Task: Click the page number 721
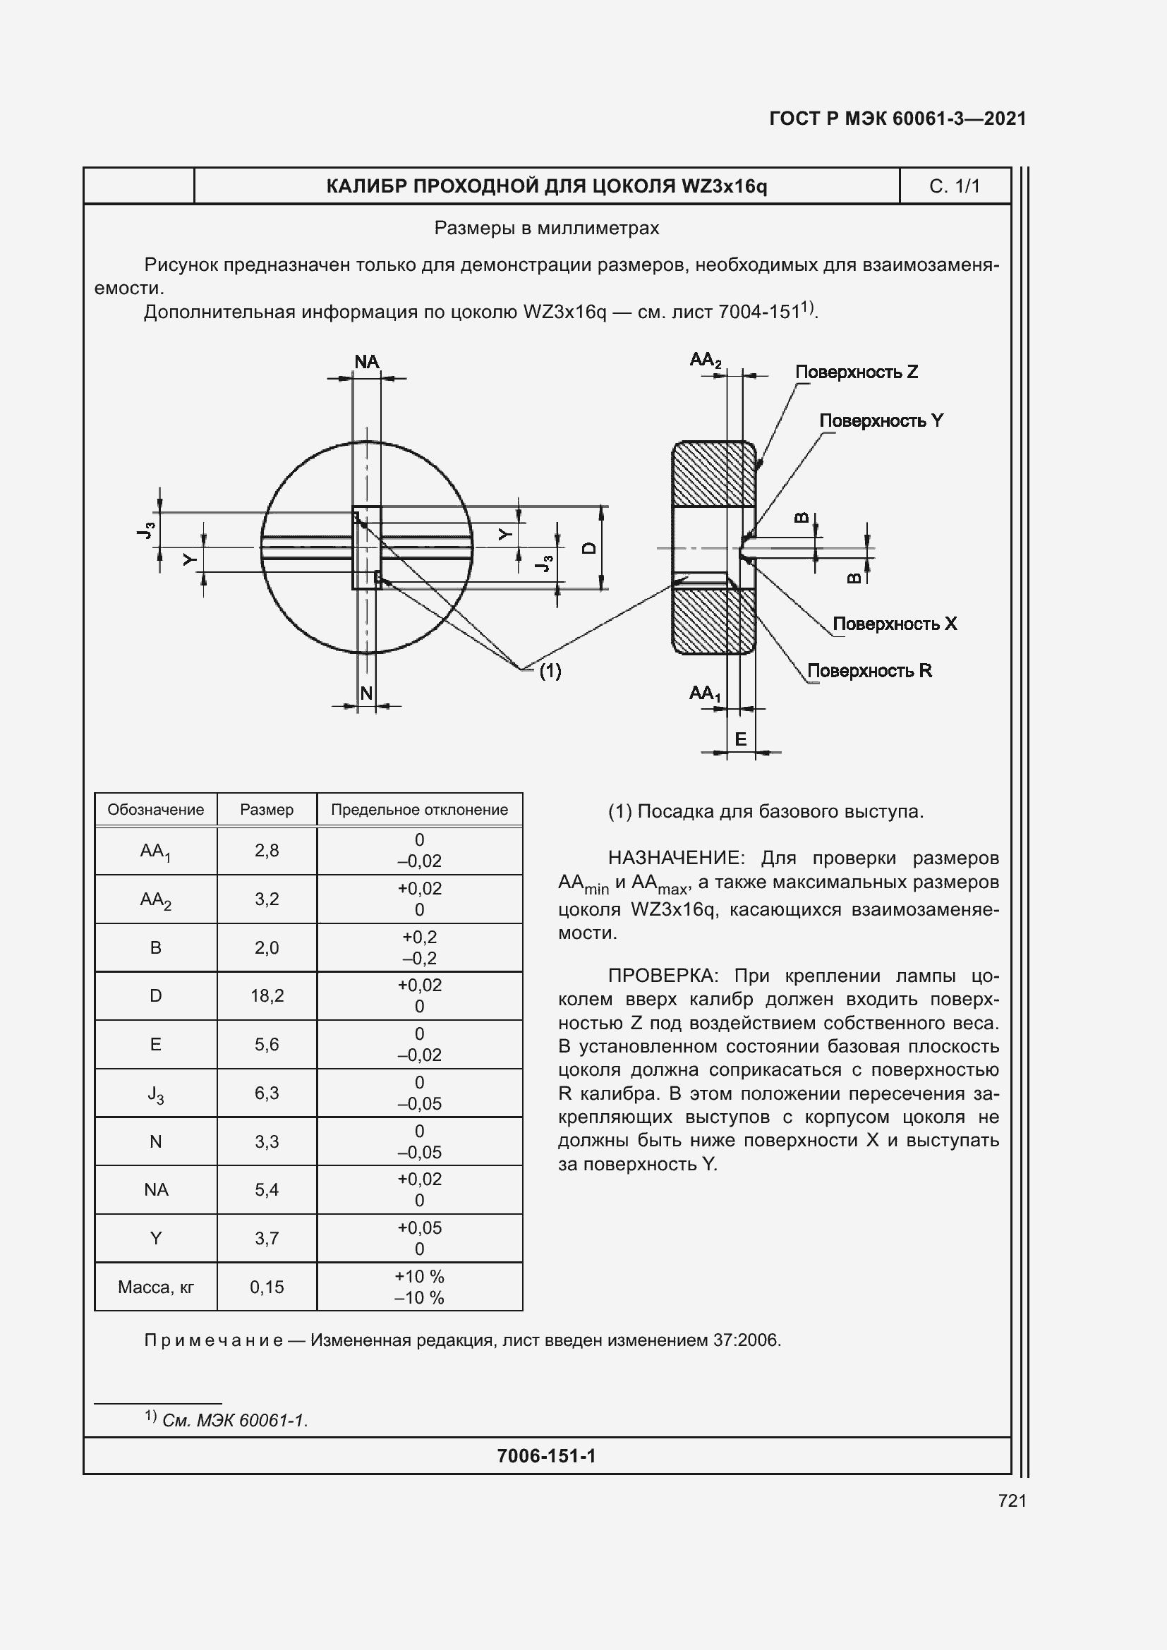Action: click(1012, 1500)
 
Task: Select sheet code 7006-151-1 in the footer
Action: click(546, 1456)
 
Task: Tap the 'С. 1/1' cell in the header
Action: click(955, 186)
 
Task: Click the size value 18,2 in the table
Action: click(267, 995)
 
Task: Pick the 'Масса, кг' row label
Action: click(155, 1287)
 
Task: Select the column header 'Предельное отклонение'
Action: click(419, 809)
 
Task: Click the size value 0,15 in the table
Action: click(267, 1287)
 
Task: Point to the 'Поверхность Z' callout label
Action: click(856, 372)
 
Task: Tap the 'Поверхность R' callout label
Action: click(869, 670)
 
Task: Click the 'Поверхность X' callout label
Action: click(894, 623)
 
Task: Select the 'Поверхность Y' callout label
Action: click(881, 420)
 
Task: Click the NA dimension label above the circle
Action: click(366, 361)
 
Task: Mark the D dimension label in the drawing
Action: click(588, 547)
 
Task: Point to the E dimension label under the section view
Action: click(740, 739)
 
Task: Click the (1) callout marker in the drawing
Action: click(550, 670)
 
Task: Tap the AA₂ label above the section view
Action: click(705, 359)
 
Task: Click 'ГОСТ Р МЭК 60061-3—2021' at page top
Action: click(897, 119)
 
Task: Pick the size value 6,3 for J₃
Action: click(267, 1092)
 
